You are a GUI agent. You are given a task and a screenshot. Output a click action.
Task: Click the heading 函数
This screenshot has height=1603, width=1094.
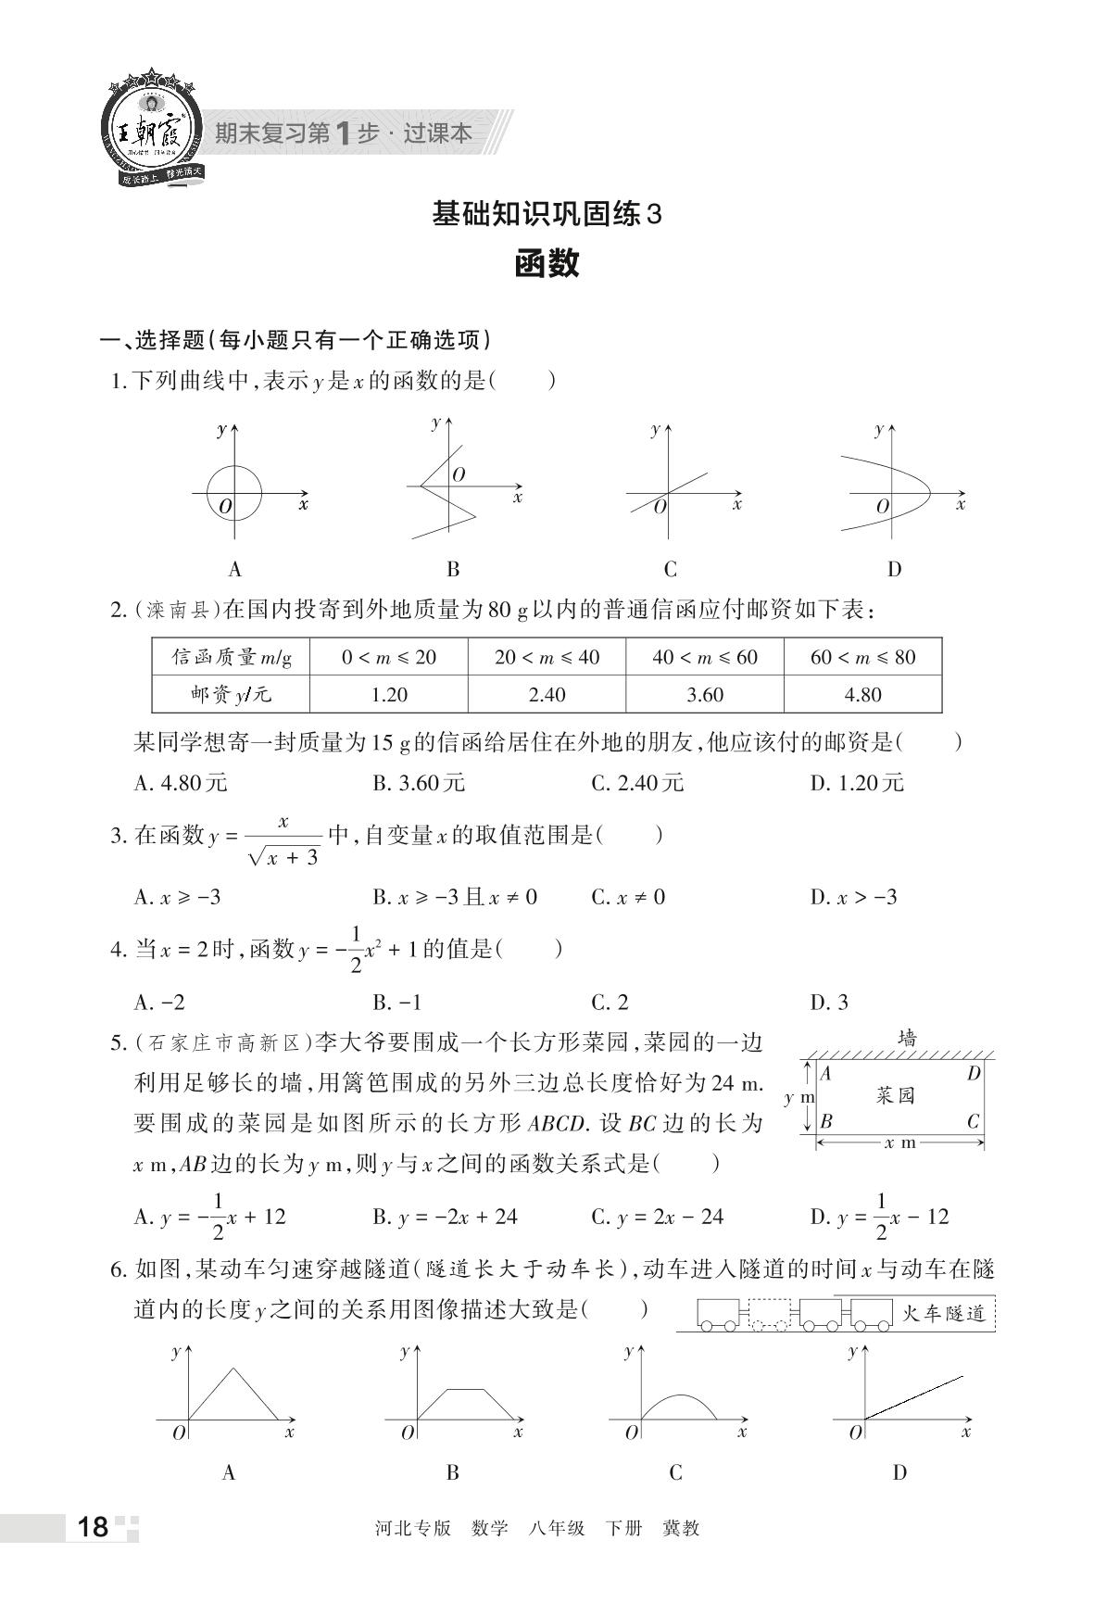coord(547,264)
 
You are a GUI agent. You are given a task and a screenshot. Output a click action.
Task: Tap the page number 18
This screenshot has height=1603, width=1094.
coord(94,1527)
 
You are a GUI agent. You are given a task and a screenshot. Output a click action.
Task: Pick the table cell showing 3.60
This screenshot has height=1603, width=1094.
coord(704,695)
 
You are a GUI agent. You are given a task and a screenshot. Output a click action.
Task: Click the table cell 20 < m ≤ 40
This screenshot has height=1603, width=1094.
coord(547,657)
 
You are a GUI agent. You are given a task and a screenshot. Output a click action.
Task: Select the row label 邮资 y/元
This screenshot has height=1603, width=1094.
coord(231,695)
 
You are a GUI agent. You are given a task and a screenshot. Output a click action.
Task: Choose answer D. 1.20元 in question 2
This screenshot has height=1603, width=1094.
coord(857,783)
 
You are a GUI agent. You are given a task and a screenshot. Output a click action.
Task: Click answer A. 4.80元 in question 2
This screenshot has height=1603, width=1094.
coord(181,783)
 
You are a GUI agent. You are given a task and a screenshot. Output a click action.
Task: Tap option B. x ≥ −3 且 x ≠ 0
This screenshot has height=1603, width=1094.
coord(455,897)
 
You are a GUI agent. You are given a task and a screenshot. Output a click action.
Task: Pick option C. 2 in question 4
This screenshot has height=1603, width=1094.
coord(610,1002)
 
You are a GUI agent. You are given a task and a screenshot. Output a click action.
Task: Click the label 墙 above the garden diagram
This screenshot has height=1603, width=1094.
coord(907,1039)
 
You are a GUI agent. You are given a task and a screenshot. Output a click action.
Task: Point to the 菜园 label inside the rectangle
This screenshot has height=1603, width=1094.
coord(895,1095)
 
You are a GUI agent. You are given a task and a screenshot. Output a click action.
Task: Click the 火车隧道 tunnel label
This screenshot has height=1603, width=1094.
coord(943,1313)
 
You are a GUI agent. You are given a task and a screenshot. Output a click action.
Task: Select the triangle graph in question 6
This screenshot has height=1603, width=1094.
coord(233,1393)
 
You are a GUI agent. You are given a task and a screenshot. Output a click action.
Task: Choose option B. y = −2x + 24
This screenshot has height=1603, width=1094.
coord(446,1217)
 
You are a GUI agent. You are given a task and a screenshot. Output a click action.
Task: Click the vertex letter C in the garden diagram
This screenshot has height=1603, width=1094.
coord(973,1121)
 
